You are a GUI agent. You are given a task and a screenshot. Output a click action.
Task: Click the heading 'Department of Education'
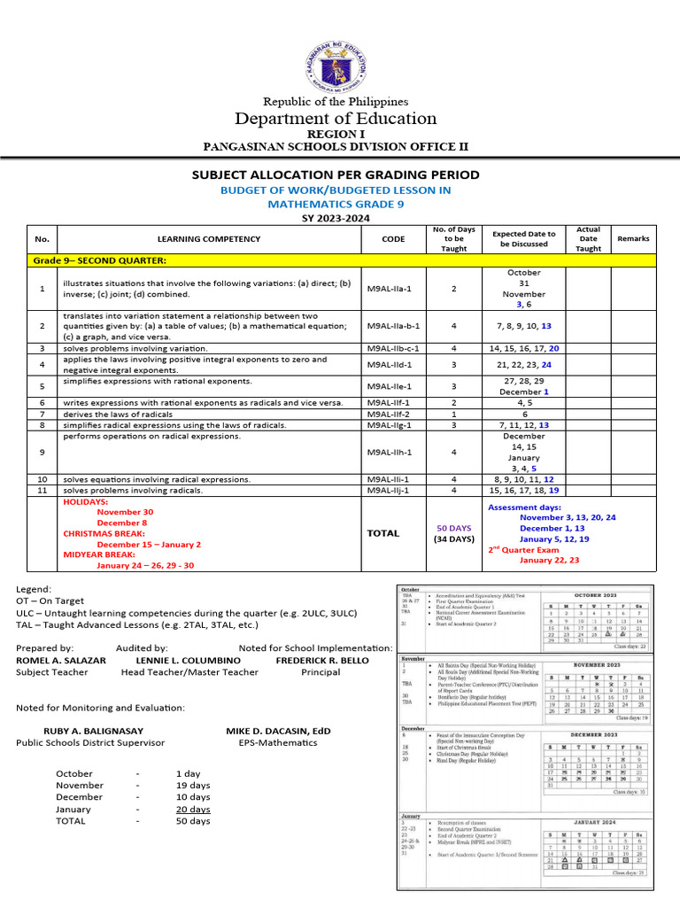tap(334, 119)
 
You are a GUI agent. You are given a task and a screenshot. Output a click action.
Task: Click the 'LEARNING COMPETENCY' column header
tap(209, 238)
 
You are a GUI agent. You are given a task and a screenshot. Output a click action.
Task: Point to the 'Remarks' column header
tap(633, 238)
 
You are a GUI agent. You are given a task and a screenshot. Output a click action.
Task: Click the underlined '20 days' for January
tap(193, 809)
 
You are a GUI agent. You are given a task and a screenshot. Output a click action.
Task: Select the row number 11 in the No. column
tap(42, 490)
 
